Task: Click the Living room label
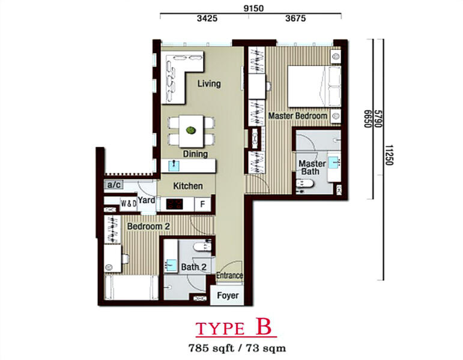(x=209, y=83)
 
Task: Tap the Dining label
(x=195, y=154)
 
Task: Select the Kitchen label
(x=188, y=186)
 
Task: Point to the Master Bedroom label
(x=298, y=116)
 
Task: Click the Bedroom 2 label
(x=148, y=226)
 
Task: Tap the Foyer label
(x=228, y=295)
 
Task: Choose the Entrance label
(x=229, y=275)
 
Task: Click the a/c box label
(x=114, y=185)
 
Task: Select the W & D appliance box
(x=129, y=203)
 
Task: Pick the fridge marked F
(x=202, y=204)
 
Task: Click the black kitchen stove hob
(x=174, y=204)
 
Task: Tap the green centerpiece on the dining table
(x=191, y=130)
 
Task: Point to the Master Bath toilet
(x=304, y=184)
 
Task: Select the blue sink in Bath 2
(x=171, y=265)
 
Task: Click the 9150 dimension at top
(x=253, y=8)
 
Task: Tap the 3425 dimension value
(x=207, y=18)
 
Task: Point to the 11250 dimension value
(x=390, y=155)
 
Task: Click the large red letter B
(x=264, y=326)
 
